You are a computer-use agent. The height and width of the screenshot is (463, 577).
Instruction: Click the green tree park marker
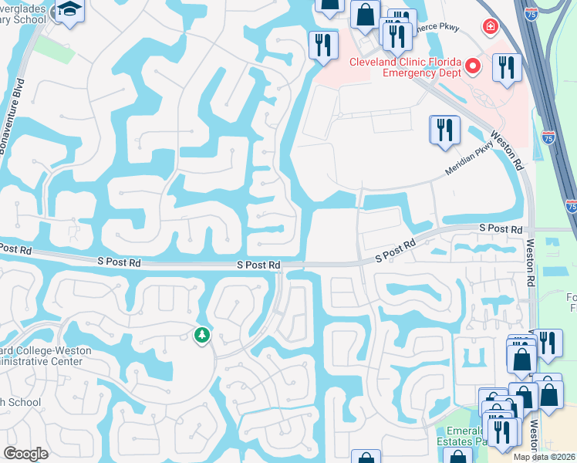tap(201, 335)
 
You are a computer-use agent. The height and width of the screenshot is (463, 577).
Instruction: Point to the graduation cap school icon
tap(70, 11)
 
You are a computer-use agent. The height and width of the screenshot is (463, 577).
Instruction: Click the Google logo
tap(26, 454)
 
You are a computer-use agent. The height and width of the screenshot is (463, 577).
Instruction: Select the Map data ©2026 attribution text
tap(545, 457)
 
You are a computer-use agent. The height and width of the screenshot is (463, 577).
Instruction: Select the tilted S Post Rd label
tap(395, 248)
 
